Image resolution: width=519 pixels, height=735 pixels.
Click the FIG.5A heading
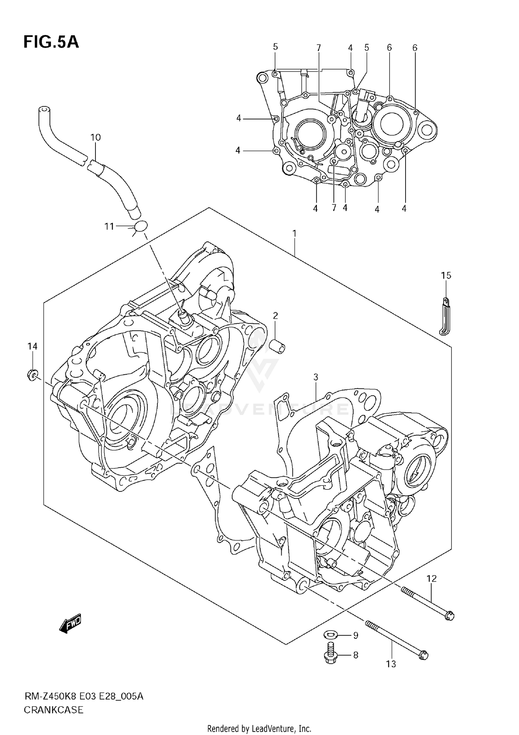click(51, 42)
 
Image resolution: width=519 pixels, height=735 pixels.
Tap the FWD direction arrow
click(70, 624)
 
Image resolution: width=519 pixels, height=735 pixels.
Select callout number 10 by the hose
click(95, 137)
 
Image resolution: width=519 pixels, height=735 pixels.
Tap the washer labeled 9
click(331, 635)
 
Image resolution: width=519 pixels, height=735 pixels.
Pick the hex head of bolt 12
click(449, 616)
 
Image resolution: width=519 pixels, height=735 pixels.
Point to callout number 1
click(294, 234)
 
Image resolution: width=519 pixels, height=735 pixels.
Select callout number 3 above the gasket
click(316, 377)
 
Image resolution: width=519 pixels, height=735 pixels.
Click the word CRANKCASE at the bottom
click(54, 710)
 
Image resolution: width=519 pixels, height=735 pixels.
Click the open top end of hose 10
click(43, 110)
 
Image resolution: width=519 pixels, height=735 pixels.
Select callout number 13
click(391, 664)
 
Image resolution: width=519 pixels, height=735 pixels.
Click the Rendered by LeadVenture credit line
click(259, 728)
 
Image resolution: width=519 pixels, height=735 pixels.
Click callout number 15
click(446, 275)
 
